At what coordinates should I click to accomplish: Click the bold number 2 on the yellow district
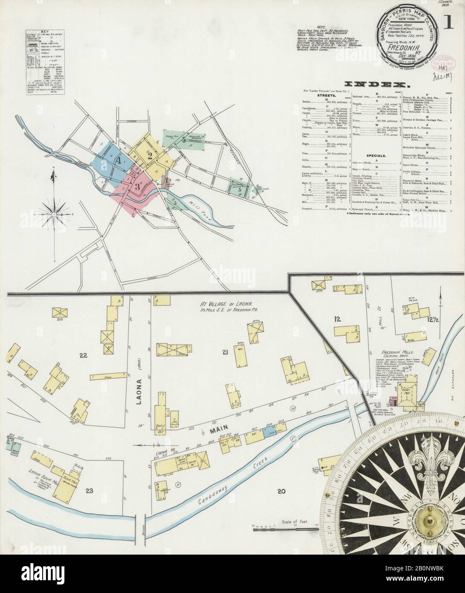[150, 156]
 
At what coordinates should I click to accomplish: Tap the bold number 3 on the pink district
[137, 186]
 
